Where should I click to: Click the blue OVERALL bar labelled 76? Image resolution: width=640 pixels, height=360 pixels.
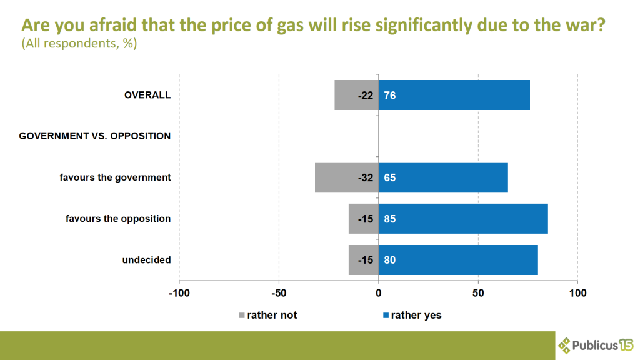pyautogui.click(x=454, y=95)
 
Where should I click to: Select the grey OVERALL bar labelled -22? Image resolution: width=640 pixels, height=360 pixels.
pyautogui.click(x=356, y=95)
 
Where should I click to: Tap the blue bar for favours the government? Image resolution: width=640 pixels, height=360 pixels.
pyautogui.click(x=443, y=177)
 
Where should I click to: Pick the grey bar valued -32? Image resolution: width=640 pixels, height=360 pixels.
pyautogui.click(x=346, y=177)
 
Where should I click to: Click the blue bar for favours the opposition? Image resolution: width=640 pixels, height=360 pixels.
pyautogui.click(x=463, y=219)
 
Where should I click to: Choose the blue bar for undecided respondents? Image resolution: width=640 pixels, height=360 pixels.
pyautogui.click(x=458, y=260)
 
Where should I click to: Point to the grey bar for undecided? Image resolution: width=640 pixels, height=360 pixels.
pyautogui.click(x=363, y=260)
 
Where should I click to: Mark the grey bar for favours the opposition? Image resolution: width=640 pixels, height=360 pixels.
pyautogui.click(x=363, y=219)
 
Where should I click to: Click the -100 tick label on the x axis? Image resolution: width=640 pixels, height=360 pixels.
pyautogui.click(x=179, y=292)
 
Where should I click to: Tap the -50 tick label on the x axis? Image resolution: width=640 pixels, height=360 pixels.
pyautogui.click(x=279, y=292)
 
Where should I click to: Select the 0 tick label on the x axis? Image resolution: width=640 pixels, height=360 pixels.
pyautogui.click(x=378, y=292)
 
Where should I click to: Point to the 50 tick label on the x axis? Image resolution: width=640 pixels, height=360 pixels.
pyautogui.click(x=478, y=292)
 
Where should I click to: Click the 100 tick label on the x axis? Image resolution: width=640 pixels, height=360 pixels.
pyautogui.click(x=577, y=292)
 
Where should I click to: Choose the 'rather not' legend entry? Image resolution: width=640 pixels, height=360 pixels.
pyautogui.click(x=268, y=315)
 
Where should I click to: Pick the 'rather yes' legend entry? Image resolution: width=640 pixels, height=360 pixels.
pyautogui.click(x=412, y=315)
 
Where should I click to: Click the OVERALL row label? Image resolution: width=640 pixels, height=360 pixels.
pyautogui.click(x=147, y=95)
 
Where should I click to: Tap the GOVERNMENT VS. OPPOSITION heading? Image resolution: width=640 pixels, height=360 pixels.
pyautogui.click(x=95, y=136)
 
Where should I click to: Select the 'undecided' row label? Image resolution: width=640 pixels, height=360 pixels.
pyautogui.click(x=146, y=260)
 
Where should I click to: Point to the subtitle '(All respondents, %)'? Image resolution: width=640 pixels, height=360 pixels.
pyautogui.click(x=79, y=44)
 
